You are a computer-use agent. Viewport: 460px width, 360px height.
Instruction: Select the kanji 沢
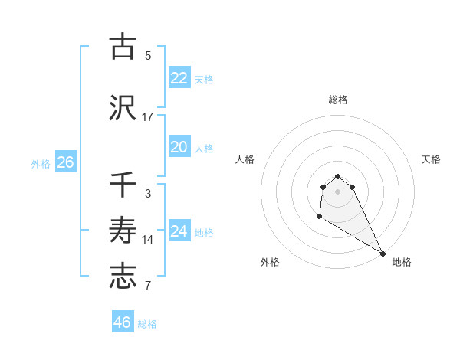pos(123,107)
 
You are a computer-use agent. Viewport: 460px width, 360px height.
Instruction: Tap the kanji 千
pos(123,185)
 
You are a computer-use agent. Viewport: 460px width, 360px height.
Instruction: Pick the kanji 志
pos(123,277)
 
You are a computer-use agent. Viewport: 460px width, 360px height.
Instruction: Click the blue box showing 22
pos(179,78)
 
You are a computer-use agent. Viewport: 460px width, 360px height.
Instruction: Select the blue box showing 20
pos(179,148)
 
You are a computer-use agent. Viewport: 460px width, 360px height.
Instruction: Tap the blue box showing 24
pos(179,231)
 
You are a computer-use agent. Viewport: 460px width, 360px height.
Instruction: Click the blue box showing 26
pos(65,162)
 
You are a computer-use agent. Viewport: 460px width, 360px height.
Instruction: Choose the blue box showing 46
pos(122,322)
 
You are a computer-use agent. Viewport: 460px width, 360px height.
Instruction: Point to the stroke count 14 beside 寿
pos(148,240)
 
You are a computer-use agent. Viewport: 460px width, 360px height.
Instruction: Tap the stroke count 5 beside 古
pos(148,55)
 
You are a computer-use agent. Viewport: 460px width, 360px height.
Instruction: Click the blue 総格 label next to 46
pos(147,324)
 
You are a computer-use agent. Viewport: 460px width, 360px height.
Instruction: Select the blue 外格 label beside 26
pos(41,163)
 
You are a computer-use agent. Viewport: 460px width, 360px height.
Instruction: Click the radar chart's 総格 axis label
pos(338,100)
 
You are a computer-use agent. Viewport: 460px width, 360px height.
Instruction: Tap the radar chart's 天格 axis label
pos(432,159)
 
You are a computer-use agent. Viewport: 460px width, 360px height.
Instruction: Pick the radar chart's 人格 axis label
pos(245,159)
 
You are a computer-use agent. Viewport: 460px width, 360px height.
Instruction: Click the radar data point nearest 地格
pos(383,253)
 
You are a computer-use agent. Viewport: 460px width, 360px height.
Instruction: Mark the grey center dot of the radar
pos(338,191)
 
